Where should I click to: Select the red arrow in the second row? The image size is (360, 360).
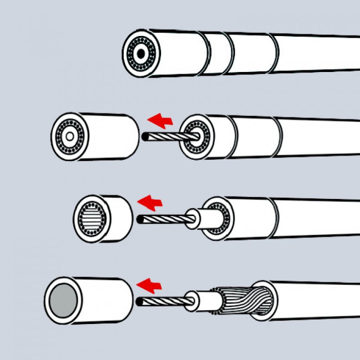(161, 120)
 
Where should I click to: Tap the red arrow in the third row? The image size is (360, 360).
(150, 203)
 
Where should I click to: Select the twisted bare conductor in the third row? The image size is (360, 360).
(162, 219)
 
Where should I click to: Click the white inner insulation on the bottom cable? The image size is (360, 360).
(205, 300)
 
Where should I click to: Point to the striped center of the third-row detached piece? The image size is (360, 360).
(92, 218)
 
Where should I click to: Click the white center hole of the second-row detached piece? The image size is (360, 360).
(70, 136)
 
